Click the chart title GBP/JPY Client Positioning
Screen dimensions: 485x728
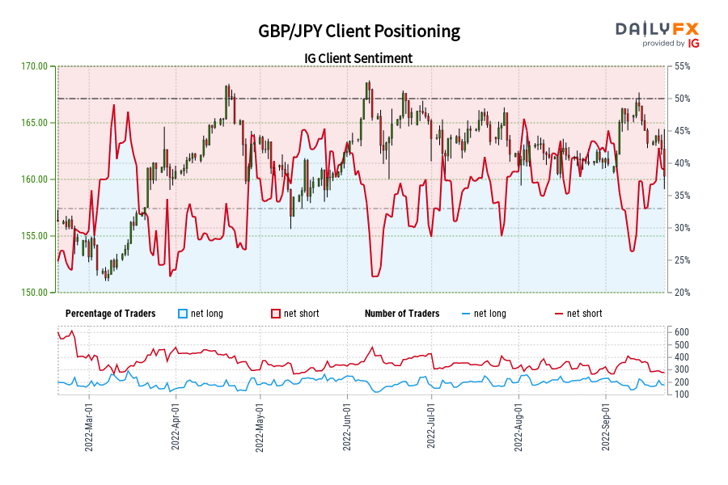[x=358, y=32]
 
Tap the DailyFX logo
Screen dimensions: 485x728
[x=658, y=33]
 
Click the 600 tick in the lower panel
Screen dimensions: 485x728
[x=680, y=332]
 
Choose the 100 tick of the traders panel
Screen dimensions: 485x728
[x=680, y=394]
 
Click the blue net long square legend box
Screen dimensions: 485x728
[x=183, y=314]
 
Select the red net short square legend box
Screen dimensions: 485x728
[x=276, y=314]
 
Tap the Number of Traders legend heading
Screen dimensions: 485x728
[x=402, y=314]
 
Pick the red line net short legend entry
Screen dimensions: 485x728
[x=578, y=314]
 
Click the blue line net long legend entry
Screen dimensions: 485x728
[x=485, y=314]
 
